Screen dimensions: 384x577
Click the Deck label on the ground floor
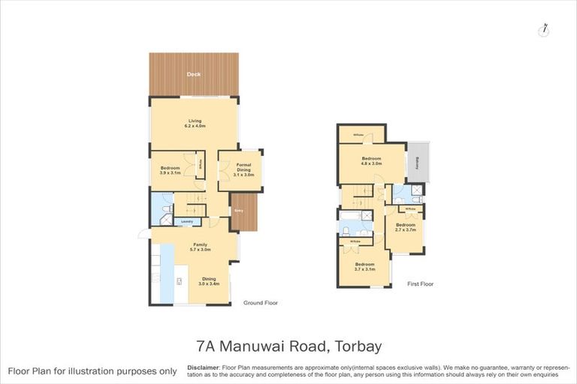194,75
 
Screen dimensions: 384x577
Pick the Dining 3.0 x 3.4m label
207,281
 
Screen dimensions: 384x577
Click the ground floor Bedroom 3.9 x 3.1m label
172,170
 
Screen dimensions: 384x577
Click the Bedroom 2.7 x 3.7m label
406,227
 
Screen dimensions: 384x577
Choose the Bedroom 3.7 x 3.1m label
364,267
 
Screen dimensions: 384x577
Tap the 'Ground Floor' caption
260,304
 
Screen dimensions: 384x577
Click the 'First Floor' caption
421,284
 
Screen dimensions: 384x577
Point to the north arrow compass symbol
543,29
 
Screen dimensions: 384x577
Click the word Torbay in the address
355,346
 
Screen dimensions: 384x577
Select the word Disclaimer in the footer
205,367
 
